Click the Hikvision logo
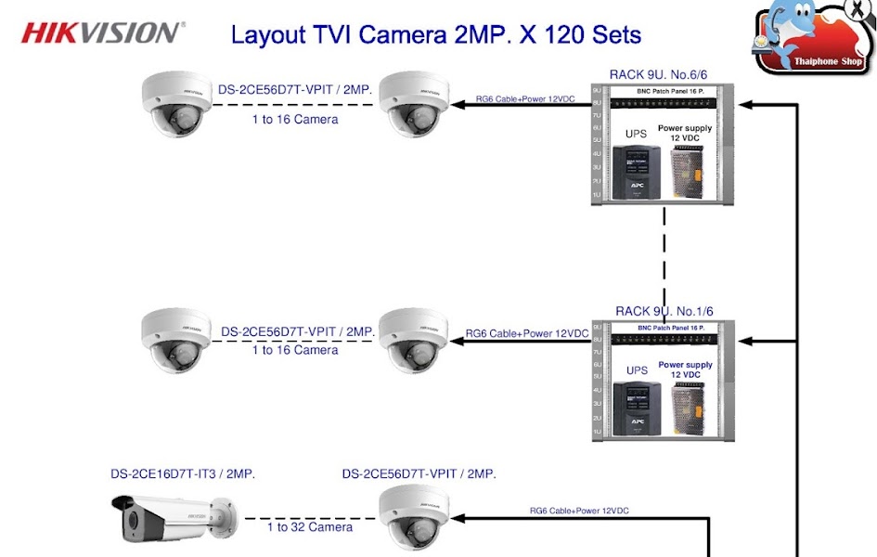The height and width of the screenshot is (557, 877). [103, 32]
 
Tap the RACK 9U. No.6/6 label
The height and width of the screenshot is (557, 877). [659, 74]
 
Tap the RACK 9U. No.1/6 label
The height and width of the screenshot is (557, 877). [664, 311]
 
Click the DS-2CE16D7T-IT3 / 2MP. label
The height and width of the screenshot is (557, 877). [183, 473]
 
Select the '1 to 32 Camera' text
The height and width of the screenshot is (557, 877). [310, 527]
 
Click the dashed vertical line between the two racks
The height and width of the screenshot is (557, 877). [664, 255]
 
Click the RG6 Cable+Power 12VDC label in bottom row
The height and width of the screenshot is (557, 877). [579, 511]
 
